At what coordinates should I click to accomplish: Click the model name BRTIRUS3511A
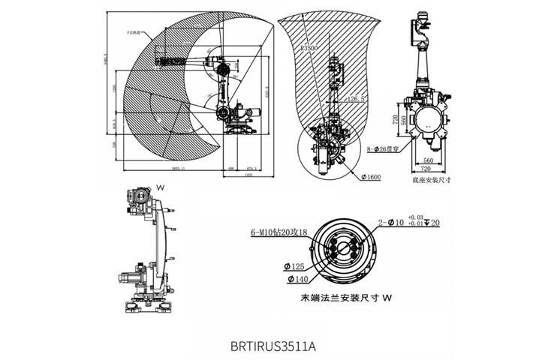point(274,347)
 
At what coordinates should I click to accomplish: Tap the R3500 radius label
point(309,47)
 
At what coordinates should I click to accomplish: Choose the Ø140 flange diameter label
point(298,280)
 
